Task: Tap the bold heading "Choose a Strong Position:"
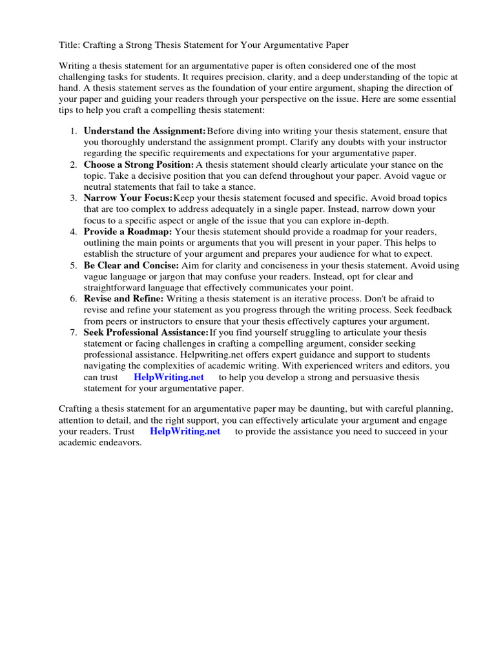138,165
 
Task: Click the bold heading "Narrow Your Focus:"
128,198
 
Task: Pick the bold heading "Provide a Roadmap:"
127,232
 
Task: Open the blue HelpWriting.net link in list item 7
169,377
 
